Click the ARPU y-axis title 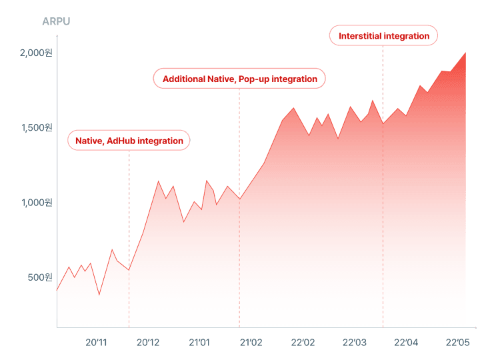pos(56,21)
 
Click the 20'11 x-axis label pos(96,343)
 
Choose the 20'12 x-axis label pos(148,343)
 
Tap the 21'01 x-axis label pos(199,343)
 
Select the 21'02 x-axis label pos(251,343)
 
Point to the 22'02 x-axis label pos(303,343)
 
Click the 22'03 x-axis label pos(354,343)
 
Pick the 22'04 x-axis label pos(405,343)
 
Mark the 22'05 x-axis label pos(457,343)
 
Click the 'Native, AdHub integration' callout pos(129,141)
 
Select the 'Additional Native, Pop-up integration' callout pos(240,79)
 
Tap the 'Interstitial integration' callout pos(384,36)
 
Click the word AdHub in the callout pos(121,141)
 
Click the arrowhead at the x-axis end pos(475,327)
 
